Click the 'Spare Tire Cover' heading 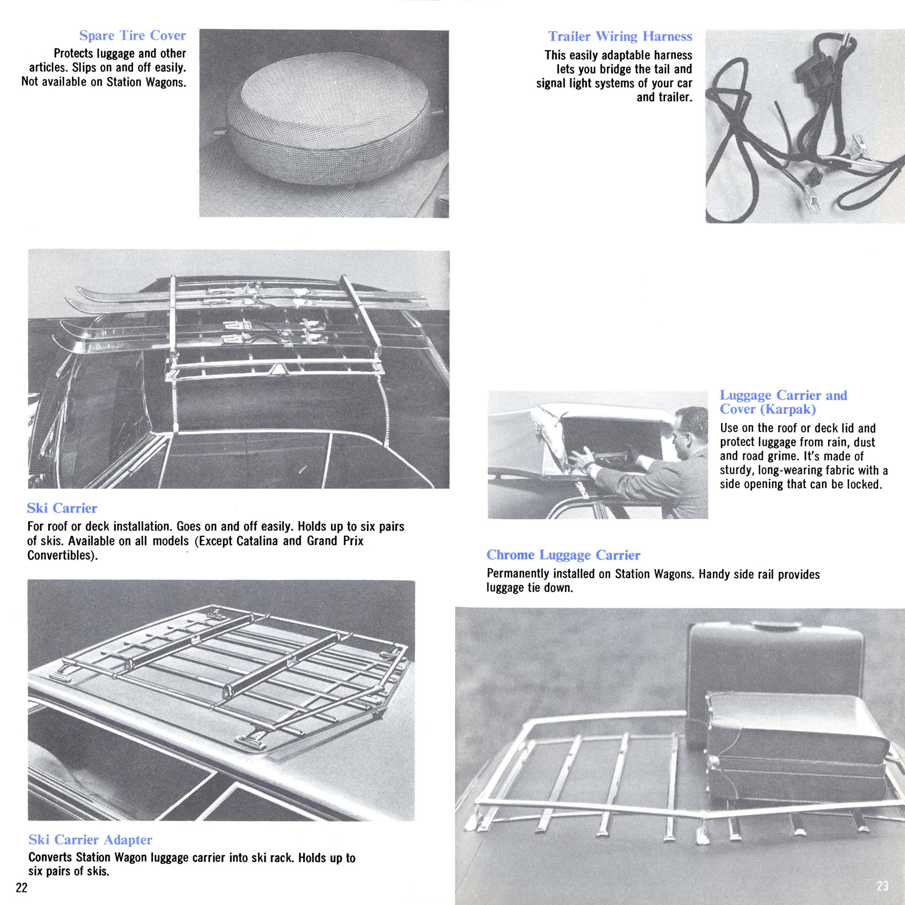coord(133,36)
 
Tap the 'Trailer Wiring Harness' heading coord(620,37)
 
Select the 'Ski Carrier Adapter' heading coord(90,840)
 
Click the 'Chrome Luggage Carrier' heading coord(563,555)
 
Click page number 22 coord(22,888)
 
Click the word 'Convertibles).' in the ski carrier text coord(63,555)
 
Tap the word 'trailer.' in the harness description coord(664,97)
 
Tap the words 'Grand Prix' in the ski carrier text coord(335,541)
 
